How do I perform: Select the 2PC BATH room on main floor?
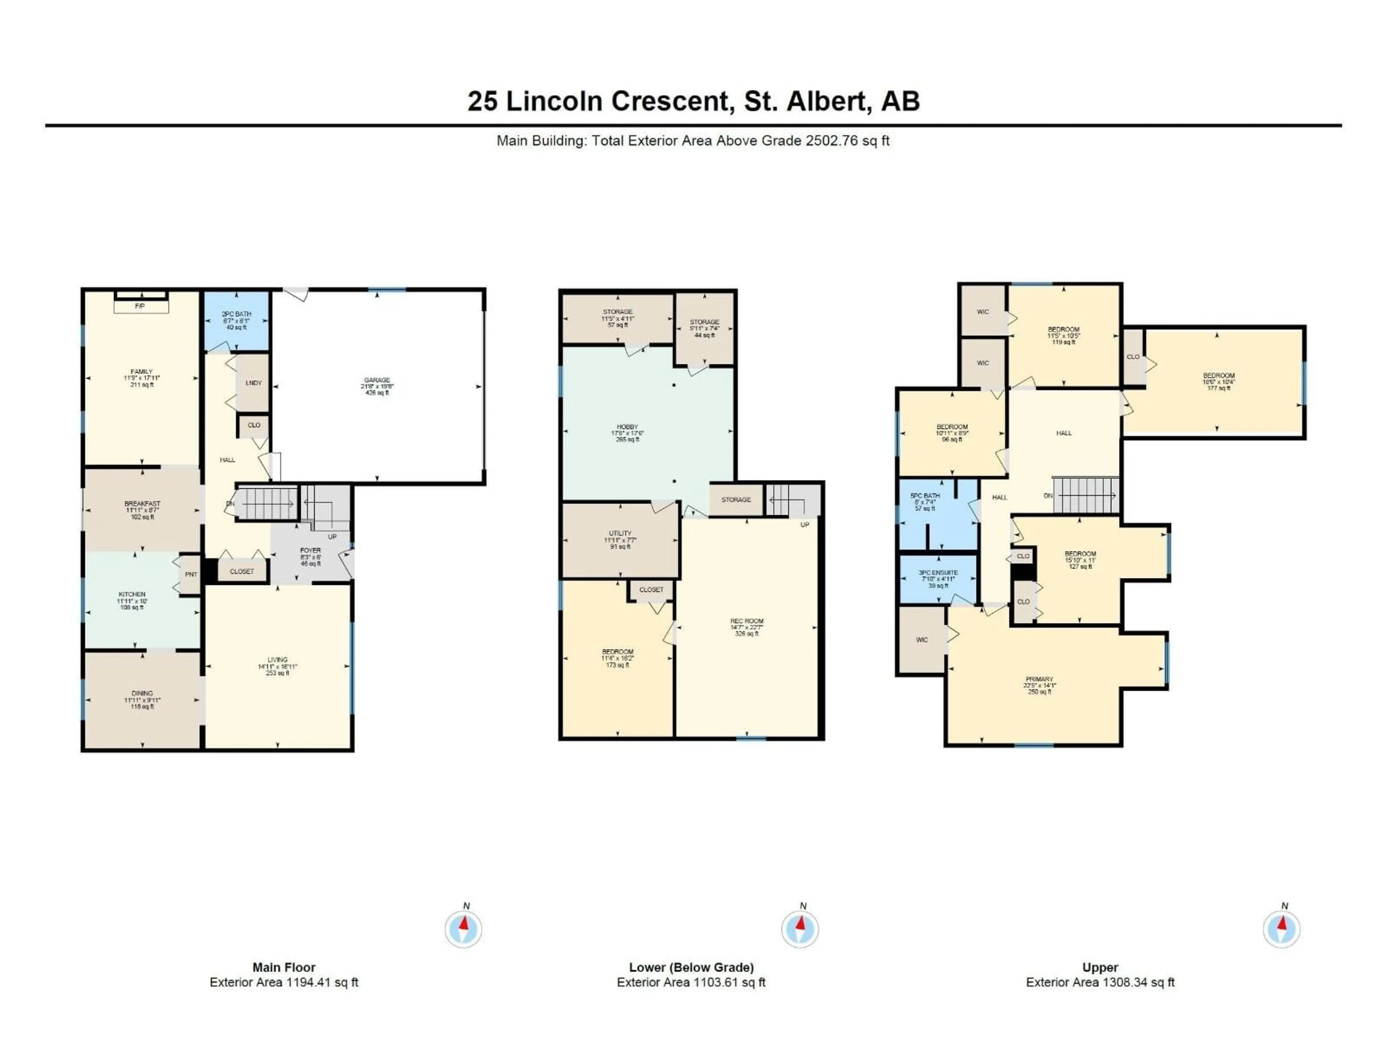(236, 320)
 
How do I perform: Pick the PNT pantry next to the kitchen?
(191, 574)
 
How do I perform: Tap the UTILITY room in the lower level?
(620, 539)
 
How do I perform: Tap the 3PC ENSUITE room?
(938, 578)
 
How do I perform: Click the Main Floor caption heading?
(284, 967)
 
